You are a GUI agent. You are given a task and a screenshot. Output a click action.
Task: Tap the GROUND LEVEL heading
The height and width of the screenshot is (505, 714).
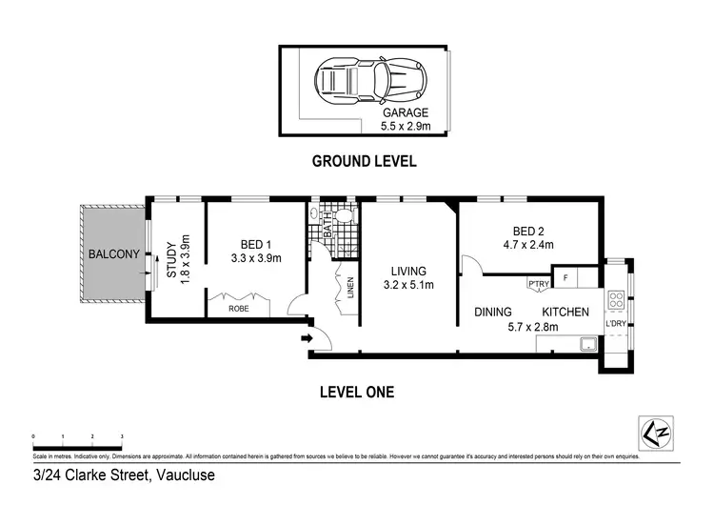point(364,160)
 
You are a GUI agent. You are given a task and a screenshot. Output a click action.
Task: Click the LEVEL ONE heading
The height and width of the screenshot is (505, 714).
point(358,391)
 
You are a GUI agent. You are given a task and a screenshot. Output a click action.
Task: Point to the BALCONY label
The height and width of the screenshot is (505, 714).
point(113,254)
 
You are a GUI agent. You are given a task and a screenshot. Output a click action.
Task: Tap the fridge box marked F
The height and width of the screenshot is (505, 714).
point(565,277)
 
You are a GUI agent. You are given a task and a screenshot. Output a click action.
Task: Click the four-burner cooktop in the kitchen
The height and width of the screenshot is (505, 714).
point(615,301)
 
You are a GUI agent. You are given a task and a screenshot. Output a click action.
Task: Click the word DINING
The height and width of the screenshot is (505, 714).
point(492,312)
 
